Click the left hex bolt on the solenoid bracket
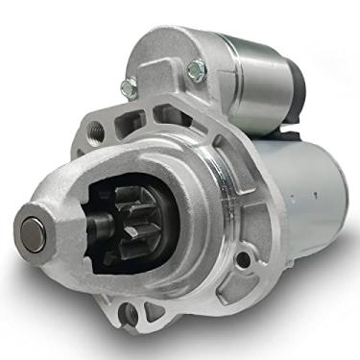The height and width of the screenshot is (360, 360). click(129, 87)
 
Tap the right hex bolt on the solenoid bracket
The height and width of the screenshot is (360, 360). click(197, 69)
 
